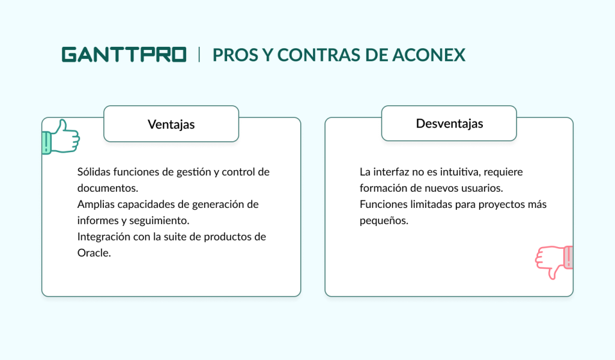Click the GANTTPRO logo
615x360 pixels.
[124, 55]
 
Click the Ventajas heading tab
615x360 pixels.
[171, 124]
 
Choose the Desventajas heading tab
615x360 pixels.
[449, 124]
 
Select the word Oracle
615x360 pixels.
[94, 253]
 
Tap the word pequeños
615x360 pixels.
[384, 221]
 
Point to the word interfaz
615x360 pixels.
[389, 172]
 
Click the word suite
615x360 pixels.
[180, 237]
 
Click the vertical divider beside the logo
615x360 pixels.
[199, 55]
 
